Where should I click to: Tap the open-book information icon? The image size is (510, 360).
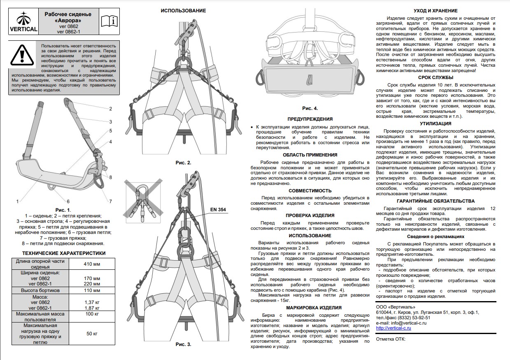coord(109,21)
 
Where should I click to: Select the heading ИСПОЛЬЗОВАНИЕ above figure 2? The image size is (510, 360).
coord(183,11)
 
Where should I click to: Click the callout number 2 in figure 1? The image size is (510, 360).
coord(111,109)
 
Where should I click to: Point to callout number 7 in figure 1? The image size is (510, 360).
coord(110,201)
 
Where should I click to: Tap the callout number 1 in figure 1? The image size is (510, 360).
coord(17,201)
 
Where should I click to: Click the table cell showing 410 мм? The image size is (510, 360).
coord(92,264)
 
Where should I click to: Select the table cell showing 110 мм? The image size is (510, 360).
coord(92,290)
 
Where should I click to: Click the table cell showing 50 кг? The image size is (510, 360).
coord(92,334)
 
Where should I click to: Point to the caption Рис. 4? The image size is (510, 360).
coord(310,108)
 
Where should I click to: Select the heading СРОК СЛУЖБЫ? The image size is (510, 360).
coord(435,77)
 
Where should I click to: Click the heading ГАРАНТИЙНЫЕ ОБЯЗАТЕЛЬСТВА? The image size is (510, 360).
coord(435,201)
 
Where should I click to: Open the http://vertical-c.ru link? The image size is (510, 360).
coord(393,328)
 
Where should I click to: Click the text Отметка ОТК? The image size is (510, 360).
coord(390,339)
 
